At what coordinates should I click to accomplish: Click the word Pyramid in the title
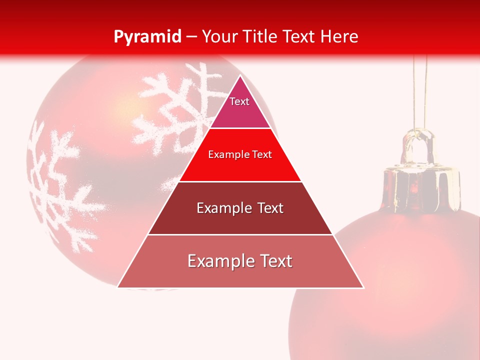(147, 37)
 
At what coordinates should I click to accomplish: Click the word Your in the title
(219, 36)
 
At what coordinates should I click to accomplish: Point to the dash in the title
(191, 37)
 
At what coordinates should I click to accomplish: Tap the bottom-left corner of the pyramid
(118, 287)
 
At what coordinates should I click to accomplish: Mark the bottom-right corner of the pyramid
(363, 287)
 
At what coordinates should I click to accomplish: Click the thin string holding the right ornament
(420, 90)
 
